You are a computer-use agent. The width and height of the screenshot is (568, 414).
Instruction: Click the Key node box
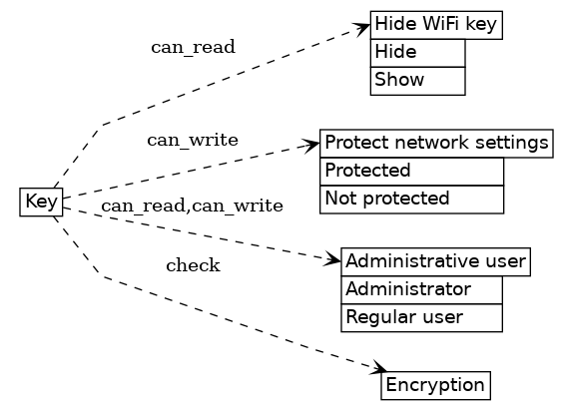(x=41, y=202)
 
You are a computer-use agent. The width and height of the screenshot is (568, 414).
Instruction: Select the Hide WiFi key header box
(x=435, y=26)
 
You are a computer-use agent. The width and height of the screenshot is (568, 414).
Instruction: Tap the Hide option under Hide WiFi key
(x=417, y=53)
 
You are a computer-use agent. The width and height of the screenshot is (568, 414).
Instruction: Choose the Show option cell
(x=417, y=80)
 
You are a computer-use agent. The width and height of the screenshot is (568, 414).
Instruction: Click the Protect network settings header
(x=436, y=144)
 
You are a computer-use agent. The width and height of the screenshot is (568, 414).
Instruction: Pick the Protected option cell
(x=411, y=171)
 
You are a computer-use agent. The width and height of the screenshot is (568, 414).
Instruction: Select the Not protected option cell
(x=411, y=199)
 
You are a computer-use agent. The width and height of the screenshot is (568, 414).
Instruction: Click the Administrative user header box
(x=434, y=262)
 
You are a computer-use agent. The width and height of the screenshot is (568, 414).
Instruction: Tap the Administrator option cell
(x=421, y=290)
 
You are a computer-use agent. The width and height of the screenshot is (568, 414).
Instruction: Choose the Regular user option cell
(x=421, y=318)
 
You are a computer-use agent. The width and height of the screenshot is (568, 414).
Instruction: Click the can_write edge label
(x=193, y=140)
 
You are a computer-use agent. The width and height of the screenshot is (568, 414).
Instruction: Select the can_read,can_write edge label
(x=192, y=207)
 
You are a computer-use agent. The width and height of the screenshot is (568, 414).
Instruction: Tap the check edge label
(x=193, y=265)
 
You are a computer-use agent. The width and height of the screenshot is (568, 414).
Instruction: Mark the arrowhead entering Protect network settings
(x=312, y=146)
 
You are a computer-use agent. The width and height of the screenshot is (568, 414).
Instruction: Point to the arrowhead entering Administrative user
(x=333, y=260)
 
